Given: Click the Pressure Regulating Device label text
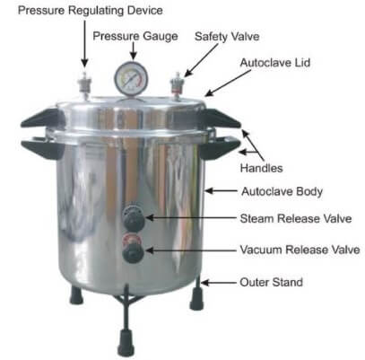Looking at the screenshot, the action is click(91, 11).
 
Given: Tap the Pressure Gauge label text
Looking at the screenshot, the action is click(135, 37).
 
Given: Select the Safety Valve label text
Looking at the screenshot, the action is click(227, 37).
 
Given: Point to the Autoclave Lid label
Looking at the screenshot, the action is click(275, 63).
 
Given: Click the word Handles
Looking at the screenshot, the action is click(261, 168).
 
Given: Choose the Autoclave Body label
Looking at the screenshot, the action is click(282, 192).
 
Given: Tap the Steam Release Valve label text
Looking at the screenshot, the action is click(296, 218).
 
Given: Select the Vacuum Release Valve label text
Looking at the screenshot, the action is click(300, 250).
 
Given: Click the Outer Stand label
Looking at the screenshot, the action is click(271, 282).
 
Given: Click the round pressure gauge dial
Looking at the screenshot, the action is click(131, 79).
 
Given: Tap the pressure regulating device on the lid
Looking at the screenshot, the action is click(84, 84).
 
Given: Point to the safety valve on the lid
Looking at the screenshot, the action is click(177, 85).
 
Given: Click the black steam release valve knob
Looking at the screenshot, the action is click(134, 218).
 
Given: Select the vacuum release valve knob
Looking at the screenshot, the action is click(134, 249).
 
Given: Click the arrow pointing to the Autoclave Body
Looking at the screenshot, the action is click(222, 190).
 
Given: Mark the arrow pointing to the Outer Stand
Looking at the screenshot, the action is click(219, 283).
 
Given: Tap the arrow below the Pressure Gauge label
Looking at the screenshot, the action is click(134, 51).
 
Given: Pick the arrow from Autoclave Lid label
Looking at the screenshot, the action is click(228, 83).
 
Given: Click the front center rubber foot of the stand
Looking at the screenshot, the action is click(126, 342).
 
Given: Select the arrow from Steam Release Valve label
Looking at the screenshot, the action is click(191, 218).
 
